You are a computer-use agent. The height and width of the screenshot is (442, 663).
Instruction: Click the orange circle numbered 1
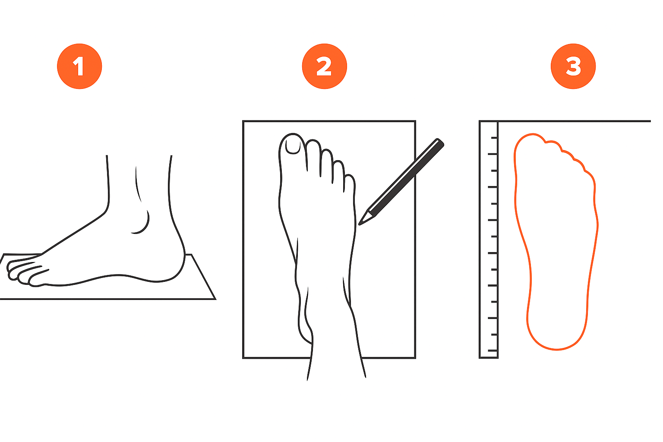coord(79,66)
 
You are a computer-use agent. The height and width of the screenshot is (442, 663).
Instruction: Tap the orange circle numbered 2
coord(325,66)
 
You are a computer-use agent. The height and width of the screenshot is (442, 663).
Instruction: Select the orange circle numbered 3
coord(573,66)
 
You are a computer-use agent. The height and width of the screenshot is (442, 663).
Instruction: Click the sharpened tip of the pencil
coord(359,225)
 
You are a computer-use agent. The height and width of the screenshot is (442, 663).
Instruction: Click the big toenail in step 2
coord(293,147)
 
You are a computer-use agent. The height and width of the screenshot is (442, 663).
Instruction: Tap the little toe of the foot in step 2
coord(350,183)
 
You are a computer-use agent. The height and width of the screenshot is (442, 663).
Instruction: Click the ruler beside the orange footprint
coord(489,240)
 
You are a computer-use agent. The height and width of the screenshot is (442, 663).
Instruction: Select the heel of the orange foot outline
coord(556,341)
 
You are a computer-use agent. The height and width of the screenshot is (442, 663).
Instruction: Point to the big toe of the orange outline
coord(530,142)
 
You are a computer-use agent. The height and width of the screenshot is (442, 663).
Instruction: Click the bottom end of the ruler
coord(489,358)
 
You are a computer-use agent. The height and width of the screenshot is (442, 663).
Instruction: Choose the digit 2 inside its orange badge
coord(324,66)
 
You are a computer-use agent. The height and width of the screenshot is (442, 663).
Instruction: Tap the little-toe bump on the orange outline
coord(589,178)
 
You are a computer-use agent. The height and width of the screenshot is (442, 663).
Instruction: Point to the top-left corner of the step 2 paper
coord(243,121)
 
